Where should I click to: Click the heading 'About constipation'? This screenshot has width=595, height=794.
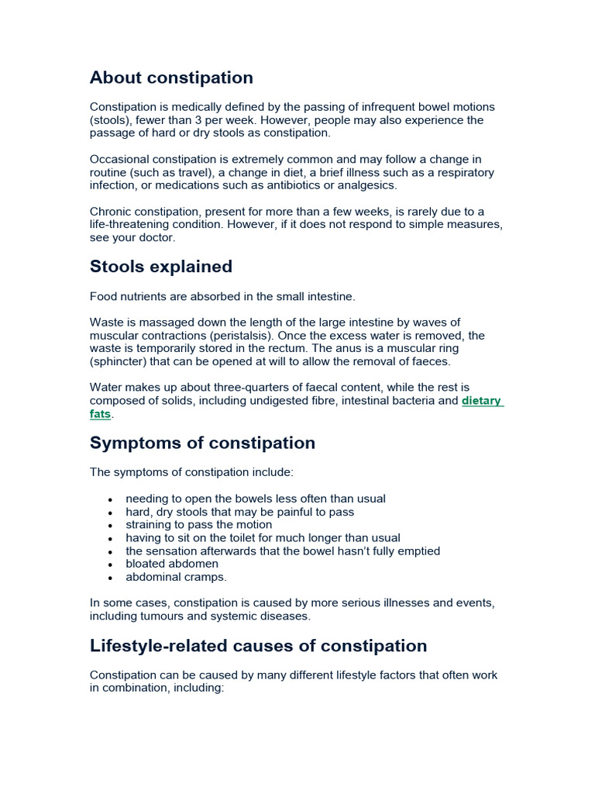[x=171, y=78]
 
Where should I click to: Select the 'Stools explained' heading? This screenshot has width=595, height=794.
[x=161, y=267]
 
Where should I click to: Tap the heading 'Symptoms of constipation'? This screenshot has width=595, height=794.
[x=202, y=443]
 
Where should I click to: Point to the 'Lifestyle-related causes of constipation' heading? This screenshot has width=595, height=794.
[x=258, y=646]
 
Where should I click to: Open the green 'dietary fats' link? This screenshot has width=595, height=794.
[x=482, y=401]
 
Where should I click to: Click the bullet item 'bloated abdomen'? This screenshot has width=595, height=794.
[x=172, y=564]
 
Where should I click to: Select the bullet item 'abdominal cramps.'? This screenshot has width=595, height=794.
[x=177, y=577]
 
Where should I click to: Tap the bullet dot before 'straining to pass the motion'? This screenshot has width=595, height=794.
[x=112, y=526]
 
